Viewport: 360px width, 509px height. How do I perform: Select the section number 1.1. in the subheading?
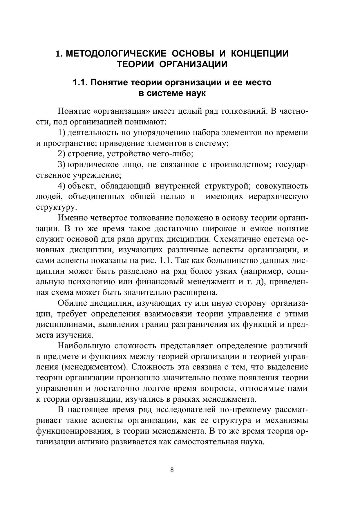(x=80, y=83)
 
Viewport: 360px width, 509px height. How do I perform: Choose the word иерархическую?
(x=278, y=196)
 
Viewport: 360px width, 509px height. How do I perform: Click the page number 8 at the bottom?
(x=172, y=470)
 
